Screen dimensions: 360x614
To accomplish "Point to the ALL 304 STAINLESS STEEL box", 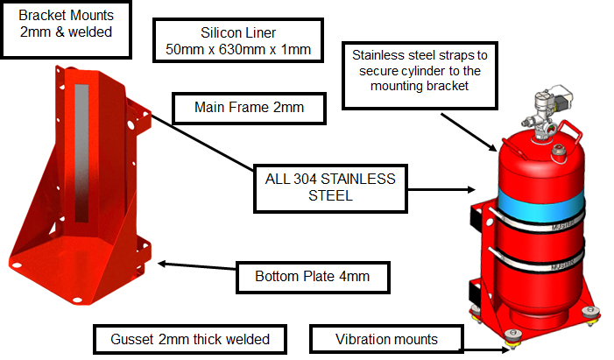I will pos(330,187).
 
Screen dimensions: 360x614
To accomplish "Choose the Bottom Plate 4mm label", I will pos(312,277).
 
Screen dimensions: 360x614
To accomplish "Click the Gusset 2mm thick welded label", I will pos(190,339).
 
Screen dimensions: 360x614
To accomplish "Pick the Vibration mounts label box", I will pos(386,339).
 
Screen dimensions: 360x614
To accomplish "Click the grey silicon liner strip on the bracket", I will pos(83,149).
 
